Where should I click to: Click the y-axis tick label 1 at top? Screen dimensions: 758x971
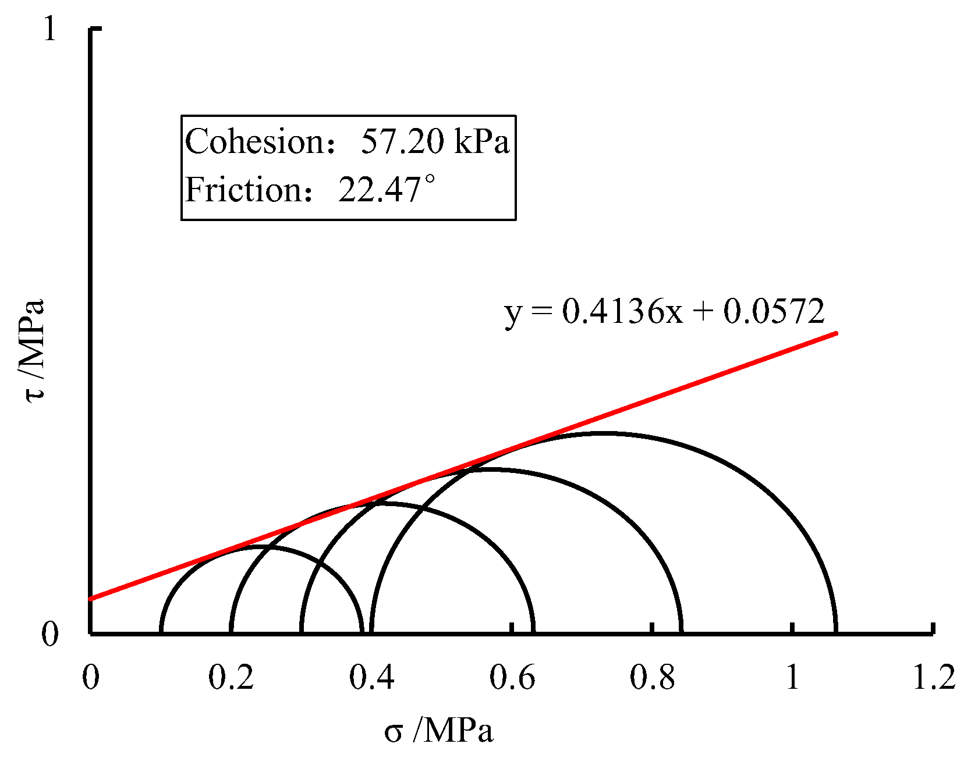50,29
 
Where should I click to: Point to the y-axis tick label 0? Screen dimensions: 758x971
50,634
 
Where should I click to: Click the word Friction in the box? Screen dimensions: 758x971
243,190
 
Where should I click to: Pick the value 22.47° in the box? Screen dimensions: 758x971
387,190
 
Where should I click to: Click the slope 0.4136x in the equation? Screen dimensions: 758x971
622,312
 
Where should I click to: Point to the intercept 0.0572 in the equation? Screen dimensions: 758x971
774,312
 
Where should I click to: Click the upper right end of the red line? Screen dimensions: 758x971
836,333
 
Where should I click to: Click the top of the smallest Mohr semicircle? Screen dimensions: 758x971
261,546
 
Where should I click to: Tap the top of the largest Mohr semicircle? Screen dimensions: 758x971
604,433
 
